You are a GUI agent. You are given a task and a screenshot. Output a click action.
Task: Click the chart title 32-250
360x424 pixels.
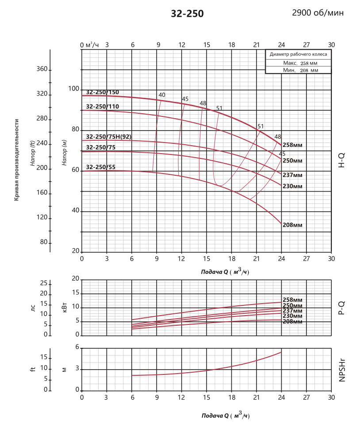click(x=187, y=14)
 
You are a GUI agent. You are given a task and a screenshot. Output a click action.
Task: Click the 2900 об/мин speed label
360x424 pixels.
click(x=318, y=13)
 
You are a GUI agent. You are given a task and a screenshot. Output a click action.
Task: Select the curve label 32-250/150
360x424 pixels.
click(x=103, y=92)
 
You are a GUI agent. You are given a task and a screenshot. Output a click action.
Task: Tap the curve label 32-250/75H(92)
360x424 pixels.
click(x=109, y=136)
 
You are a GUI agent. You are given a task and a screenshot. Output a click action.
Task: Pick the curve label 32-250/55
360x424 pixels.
click(x=101, y=167)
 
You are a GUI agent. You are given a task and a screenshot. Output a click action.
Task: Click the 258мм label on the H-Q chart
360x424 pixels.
click(x=292, y=145)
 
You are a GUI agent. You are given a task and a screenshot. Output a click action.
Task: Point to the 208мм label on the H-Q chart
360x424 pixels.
click(x=292, y=225)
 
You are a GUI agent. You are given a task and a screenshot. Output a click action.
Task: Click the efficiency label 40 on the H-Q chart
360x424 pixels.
click(x=162, y=95)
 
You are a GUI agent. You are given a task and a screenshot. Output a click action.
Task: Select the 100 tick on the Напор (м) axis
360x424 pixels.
click(x=73, y=89)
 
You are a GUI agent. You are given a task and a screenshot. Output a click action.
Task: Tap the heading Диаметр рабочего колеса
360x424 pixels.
click(x=298, y=54)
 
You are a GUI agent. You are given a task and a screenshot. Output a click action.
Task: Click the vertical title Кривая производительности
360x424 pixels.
click(x=17, y=160)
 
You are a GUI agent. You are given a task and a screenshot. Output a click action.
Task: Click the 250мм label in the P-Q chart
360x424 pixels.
click(x=292, y=305)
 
